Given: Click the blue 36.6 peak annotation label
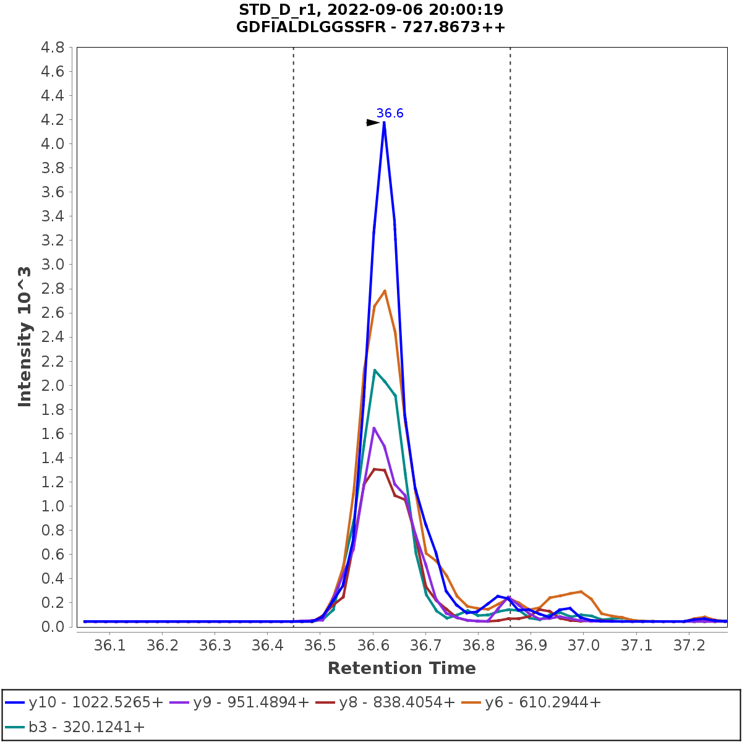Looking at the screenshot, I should (390, 113).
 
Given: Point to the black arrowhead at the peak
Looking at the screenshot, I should (373, 122).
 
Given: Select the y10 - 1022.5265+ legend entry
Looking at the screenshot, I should (85, 702).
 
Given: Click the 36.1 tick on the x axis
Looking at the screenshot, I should (109, 646).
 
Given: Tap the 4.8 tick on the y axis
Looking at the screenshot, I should (53, 48).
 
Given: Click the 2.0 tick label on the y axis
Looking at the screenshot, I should (53, 385).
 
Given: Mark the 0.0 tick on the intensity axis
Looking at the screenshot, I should (53, 626).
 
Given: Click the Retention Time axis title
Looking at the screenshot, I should (401, 668).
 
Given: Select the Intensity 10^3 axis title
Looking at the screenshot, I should (25, 337).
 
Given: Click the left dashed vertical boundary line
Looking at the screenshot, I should (293, 309).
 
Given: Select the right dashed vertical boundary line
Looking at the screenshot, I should (510, 309).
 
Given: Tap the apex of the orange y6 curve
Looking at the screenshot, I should (385, 291).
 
